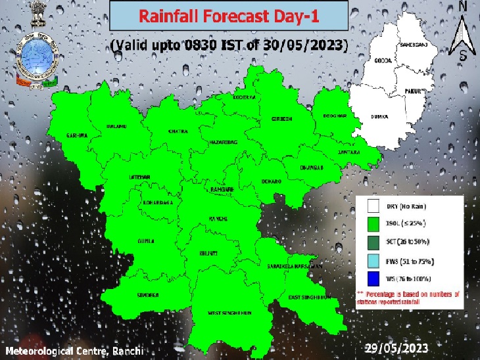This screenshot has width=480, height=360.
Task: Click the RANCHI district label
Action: [x=218, y=217]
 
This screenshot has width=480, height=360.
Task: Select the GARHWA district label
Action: [x=77, y=136]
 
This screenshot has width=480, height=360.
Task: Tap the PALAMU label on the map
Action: [x=116, y=125]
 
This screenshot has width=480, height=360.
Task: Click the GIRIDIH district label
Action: [x=281, y=119]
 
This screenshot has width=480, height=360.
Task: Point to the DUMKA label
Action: [x=380, y=117]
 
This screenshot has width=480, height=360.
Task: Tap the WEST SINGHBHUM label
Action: [x=231, y=313]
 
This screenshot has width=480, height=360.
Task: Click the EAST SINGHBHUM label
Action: [x=308, y=298]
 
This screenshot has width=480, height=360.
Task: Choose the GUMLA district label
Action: [x=145, y=241]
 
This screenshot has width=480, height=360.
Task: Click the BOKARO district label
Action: [x=273, y=181]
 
